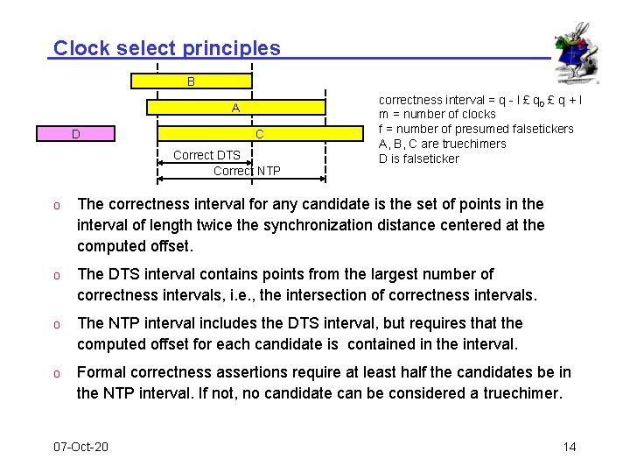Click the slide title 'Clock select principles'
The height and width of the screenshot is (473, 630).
(x=167, y=48)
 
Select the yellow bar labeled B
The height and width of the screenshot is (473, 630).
(x=191, y=81)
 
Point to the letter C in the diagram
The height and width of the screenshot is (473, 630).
(x=260, y=134)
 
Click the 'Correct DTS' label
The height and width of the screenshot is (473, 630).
(x=206, y=155)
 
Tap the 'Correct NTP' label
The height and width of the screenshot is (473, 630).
(x=247, y=171)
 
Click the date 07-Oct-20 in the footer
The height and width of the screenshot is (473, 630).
(x=80, y=447)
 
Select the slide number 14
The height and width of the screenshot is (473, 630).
(x=570, y=447)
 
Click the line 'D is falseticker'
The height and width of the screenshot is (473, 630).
(x=418, y=159)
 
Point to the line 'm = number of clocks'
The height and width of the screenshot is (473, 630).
(x=437, y=114)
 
